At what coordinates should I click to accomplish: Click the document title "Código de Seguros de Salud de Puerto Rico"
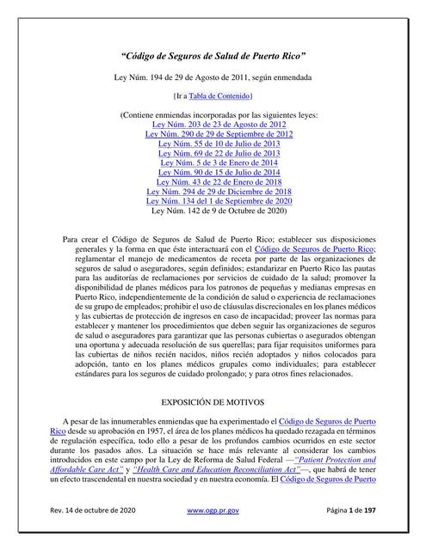213,57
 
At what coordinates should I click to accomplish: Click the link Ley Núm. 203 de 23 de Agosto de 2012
213,125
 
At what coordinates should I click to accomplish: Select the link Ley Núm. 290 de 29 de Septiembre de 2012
219,135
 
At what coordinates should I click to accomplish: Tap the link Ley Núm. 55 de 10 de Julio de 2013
213,145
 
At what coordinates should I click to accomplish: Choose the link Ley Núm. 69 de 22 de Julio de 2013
213,156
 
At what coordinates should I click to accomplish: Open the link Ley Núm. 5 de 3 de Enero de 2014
213,166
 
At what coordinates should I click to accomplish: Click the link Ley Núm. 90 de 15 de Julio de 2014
213,176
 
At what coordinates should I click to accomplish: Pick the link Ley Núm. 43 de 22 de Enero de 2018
213,186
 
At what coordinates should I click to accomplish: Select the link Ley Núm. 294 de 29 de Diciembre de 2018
219,197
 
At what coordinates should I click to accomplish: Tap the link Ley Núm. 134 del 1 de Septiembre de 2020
219,207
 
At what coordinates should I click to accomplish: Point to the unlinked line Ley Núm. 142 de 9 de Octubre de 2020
213,217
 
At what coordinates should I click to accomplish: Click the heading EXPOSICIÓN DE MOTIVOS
213,401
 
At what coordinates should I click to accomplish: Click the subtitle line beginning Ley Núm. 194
213,78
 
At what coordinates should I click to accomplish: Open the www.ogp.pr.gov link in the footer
213,535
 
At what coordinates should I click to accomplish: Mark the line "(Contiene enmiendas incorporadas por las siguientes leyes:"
213,114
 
